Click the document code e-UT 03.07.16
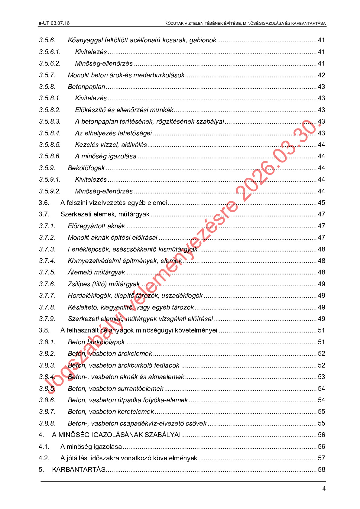tap(54, 23)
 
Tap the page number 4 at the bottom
tap(324, 489)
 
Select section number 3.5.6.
tap(47, 40)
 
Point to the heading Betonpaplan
tap(86, 87)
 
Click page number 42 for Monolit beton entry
tap(321, 75)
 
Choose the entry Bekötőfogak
tap(86, 168)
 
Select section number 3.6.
tap(44, 203)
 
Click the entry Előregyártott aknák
tap(96, 226)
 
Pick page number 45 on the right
tap(321, 203)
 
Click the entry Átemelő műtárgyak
tap(96, 272)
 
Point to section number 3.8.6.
tap(47, 400)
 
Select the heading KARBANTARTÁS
tap(79, 470)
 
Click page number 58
tap(321, 470)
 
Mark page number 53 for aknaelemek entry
tap(321, 377)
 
